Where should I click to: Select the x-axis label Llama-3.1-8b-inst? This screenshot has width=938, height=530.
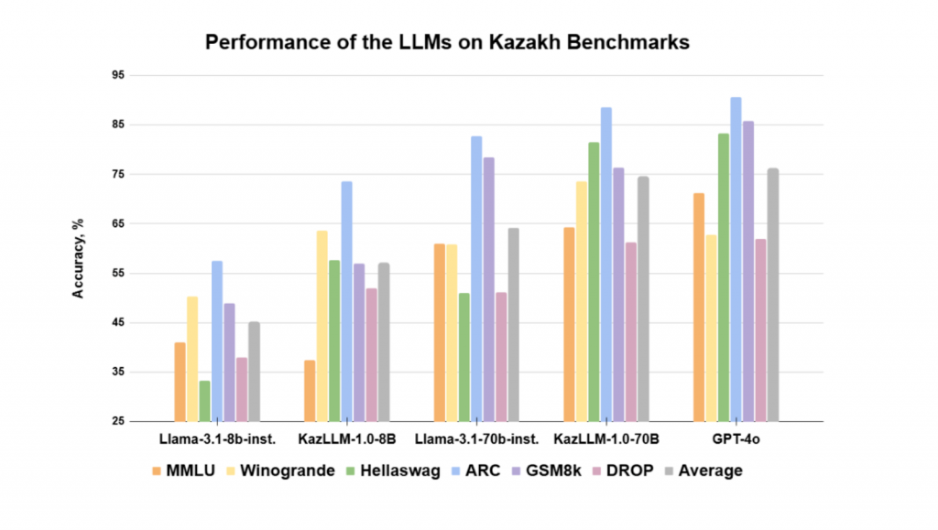pos(217,438)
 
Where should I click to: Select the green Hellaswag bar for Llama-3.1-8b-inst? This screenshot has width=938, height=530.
pos(204,401)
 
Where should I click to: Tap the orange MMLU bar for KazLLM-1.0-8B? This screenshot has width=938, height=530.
pos(310,391)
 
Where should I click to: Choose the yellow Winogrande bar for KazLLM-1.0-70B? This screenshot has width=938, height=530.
pos(581,301)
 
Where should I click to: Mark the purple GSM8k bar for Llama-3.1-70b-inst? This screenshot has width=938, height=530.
pos(488,289)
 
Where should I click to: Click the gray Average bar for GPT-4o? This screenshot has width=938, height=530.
pos(773,295)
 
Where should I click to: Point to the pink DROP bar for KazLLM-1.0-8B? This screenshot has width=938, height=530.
pos(371,355)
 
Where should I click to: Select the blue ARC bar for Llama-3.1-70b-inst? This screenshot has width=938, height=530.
pos(476,278)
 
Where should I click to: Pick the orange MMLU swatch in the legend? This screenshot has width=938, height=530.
pos(158,471)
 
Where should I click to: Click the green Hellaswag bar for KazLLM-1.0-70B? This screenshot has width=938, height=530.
pos(594,282)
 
